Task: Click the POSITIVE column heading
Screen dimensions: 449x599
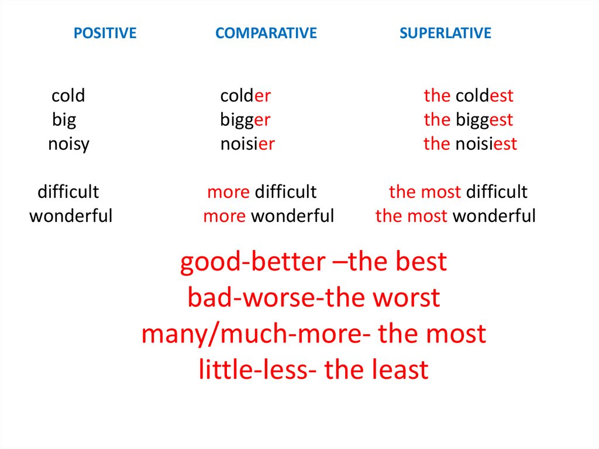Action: pyautogui.click(x=105, y=33)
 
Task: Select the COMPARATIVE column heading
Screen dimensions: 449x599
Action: pyautogui.click(x=266, y=33)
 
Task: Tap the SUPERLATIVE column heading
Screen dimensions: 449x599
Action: pyautogui.click(x=445, y=33)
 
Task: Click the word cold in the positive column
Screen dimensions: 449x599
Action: pyautogui.click(x=68, y=95)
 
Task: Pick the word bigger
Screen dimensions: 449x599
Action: pyautogui.click(x=245, y=120)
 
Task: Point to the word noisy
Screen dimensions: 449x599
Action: pyautogui.click(x=68, y=144)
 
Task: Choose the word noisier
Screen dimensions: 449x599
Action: pyautogui.click(x=247, y=144)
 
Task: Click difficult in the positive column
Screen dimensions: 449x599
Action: pyautogui.click(x=68, y=191)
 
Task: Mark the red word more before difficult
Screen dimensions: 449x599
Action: pyautogui.click(x=228, y=191)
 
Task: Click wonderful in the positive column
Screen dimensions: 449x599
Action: pyautogui.click(x=71, y=216)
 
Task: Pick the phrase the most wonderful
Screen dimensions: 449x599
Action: pyautogui.click(x=455, y=216)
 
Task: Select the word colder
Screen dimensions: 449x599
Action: pyautogui.click(x=245, y=95)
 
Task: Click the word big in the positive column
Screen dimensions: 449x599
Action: pyautogui.click(x=64, y=120)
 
